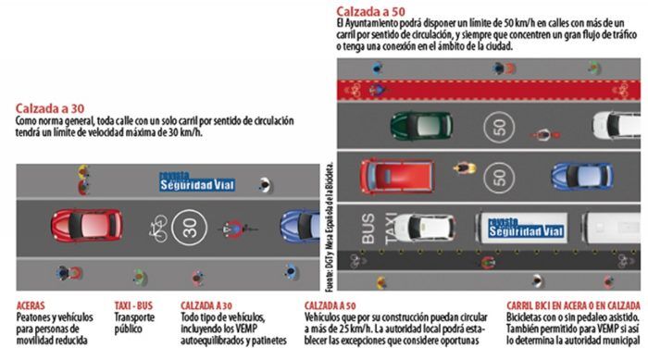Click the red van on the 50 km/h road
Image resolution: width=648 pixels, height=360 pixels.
tap(396, 174)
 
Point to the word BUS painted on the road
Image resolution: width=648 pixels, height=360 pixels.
tap(368, 228)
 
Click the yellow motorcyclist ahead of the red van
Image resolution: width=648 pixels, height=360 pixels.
tap(464, 168)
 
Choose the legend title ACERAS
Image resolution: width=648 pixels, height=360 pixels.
tap(34, 304)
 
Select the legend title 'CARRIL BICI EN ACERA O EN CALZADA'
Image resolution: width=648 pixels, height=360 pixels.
tap(571, 304)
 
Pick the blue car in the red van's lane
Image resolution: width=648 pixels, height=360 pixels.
tap(581, 174)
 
